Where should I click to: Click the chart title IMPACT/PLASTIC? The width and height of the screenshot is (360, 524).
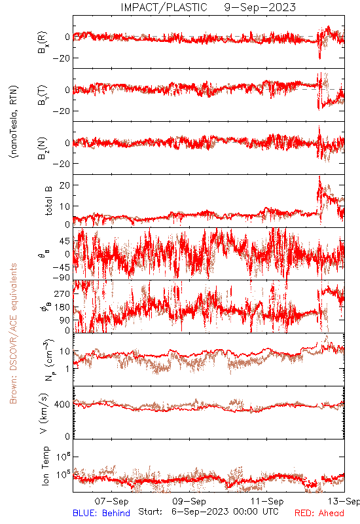[164, 7]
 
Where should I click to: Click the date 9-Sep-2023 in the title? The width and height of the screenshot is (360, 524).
[260, 7]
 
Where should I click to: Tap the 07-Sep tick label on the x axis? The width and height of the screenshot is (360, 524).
[111, 501]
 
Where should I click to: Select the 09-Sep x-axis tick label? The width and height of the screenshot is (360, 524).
[189, 501]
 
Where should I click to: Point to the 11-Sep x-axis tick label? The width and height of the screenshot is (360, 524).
[267, 501]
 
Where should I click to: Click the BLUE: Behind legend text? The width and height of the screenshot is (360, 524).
[101, 513]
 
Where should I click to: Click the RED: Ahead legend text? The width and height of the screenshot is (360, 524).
[319, 513]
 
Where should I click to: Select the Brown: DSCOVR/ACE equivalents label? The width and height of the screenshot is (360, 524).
[13, 333]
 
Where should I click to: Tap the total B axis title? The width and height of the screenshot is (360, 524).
[48, 201]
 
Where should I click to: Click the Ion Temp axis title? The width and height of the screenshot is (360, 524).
[45, 466]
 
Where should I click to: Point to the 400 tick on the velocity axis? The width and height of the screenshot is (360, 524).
[62, 404]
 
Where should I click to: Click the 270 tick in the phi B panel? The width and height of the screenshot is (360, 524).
[62, 293]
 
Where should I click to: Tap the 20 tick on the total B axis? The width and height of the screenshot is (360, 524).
[65, 185]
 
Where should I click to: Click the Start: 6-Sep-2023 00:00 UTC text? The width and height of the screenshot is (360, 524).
[208, 512]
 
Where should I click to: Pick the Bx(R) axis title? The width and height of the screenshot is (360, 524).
[43, 43]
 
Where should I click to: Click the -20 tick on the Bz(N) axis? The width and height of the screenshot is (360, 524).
[61, 164]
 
